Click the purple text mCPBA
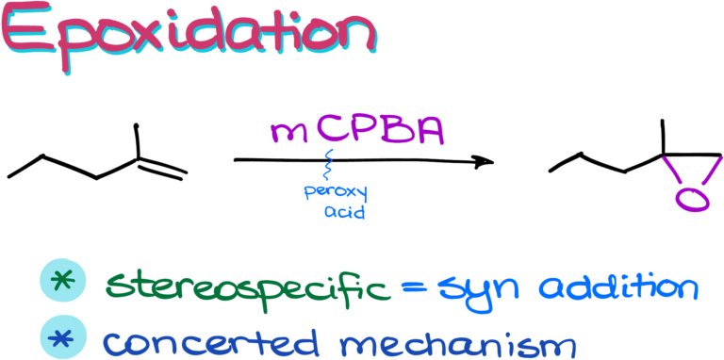(356, 131)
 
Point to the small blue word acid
(344, 213)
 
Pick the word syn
(482, 287)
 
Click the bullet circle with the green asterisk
(63, 280)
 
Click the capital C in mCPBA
(333, 130)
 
